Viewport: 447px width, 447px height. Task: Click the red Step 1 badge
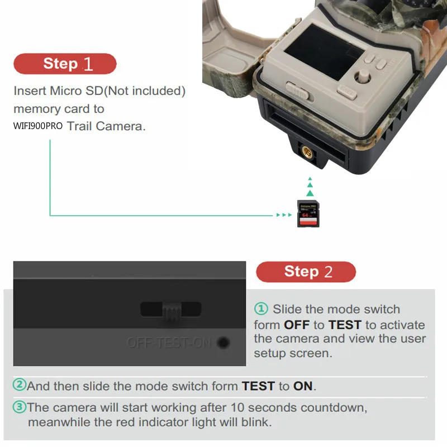[65, 64]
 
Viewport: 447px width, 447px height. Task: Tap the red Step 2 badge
[306, 272]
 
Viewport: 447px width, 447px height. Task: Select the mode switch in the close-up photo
[171, 310]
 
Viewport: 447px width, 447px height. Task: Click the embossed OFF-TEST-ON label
[169, 343]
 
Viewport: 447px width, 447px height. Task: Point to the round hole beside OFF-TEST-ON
[223, 343]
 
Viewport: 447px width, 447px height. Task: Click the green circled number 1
[261, 309]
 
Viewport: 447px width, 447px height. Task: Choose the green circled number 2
[20, 386]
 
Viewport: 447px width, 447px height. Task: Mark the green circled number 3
[20, 407]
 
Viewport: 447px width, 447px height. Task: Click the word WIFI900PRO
[38, 126]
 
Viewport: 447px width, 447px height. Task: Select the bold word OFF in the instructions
[297, 325]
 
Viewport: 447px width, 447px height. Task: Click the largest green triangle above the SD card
[311, 193]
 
